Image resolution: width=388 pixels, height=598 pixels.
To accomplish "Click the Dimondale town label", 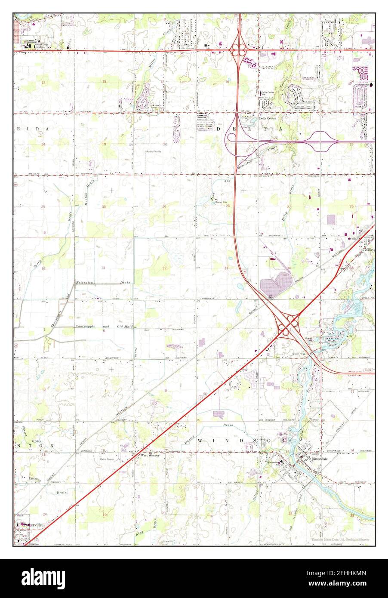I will (320, 459).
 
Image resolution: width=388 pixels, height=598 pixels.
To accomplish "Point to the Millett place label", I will (369, 250).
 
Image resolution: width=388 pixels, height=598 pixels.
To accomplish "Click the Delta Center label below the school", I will (268, 118).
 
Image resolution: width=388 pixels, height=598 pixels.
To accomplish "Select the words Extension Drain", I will (103, 283).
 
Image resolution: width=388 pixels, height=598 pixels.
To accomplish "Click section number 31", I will (104, 268).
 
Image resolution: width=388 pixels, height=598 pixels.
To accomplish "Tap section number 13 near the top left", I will (43, 82).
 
